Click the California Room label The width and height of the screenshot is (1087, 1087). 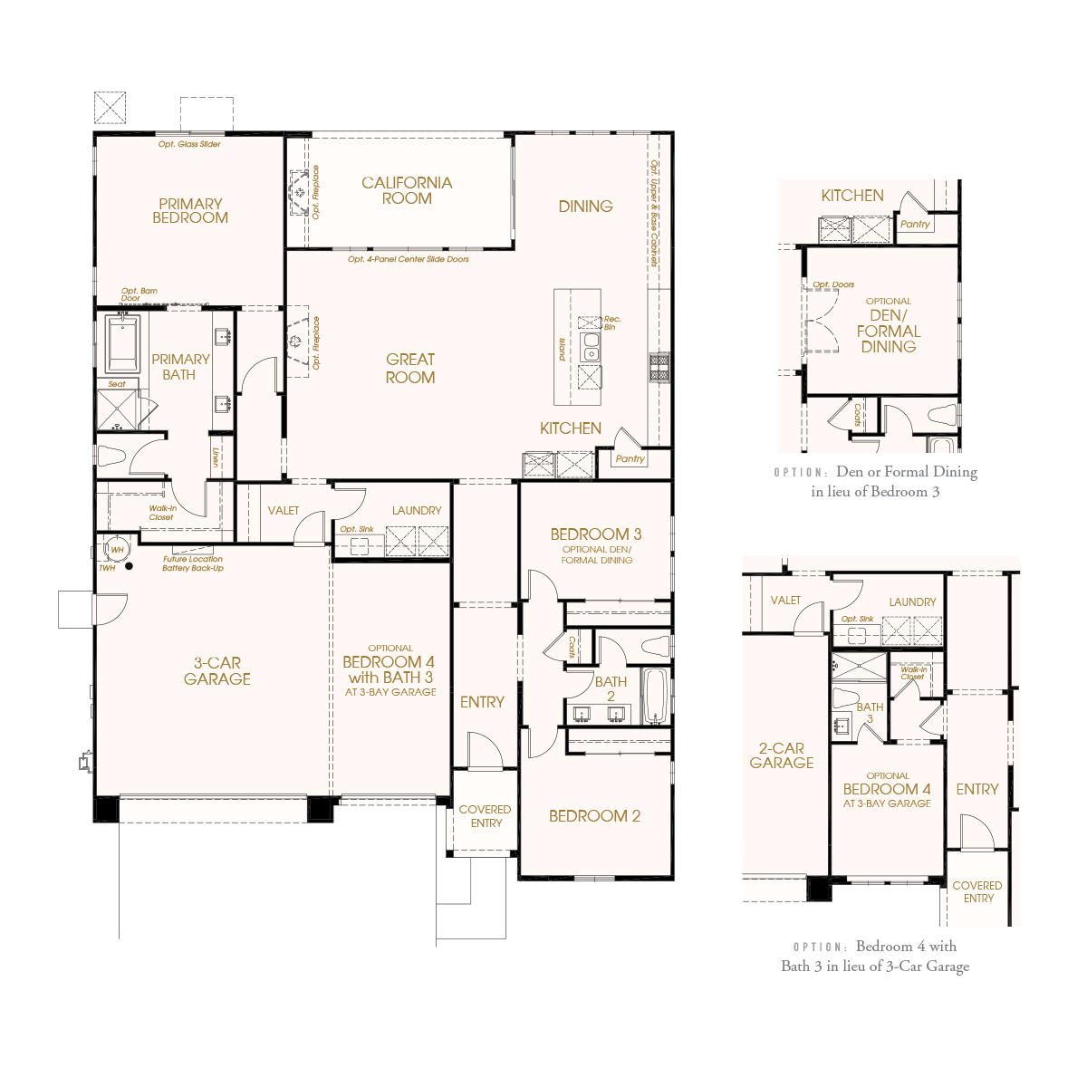pos(406,190)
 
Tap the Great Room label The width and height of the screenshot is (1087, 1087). pos(410,369)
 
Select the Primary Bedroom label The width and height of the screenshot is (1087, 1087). pos(190,211)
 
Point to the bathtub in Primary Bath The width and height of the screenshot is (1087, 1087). pos(122,343)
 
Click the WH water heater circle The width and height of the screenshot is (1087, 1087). pos(117,550)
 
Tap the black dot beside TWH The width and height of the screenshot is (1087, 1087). pos(130,566)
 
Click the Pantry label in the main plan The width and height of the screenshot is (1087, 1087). pos(630,458)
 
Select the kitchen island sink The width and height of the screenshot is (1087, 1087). pos(590,347)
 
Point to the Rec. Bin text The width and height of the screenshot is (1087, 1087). pos(611,323)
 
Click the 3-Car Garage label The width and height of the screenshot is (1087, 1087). pos(217,670)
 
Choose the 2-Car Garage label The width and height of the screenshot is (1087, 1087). pos(781,755)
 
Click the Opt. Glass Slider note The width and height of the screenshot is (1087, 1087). pos(189,144)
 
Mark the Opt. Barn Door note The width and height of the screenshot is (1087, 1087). pos(139,294)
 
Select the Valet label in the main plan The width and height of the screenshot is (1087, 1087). pos(284,511)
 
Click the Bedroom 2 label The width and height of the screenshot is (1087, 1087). pos(594,815)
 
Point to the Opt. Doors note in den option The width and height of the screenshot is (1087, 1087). pos(833,284)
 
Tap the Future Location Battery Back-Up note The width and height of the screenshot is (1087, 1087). pos(193,563)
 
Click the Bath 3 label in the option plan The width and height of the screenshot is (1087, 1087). pos(870,713)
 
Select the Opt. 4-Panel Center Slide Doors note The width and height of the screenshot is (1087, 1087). pos(409,259)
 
